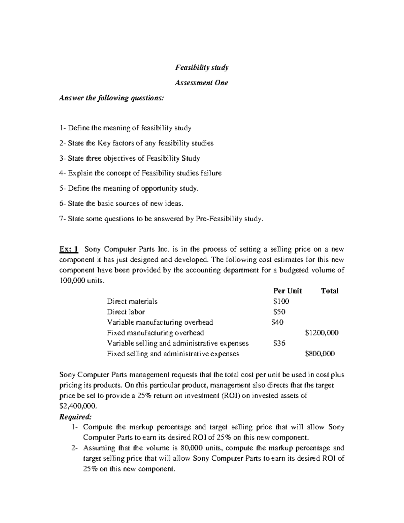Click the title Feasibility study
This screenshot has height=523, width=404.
click(202, 67)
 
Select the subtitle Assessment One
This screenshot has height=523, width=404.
click(202, 83)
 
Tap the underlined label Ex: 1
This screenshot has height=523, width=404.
click(69, 249)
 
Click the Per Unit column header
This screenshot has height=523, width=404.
click(287, 291)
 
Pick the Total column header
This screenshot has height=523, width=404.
click(330, 291)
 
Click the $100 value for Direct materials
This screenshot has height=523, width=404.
click(281, 301)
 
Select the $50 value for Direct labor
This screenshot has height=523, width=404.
click(279, 312)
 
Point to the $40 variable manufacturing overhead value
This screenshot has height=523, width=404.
click(277, 322)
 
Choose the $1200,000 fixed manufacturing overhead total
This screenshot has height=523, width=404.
click(322, 333)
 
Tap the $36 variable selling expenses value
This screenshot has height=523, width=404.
click(279, 343)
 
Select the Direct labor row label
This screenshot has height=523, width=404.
click(126, 312)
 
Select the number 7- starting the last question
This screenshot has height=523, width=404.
click(62, 219)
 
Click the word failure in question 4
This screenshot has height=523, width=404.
click(211, 173)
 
